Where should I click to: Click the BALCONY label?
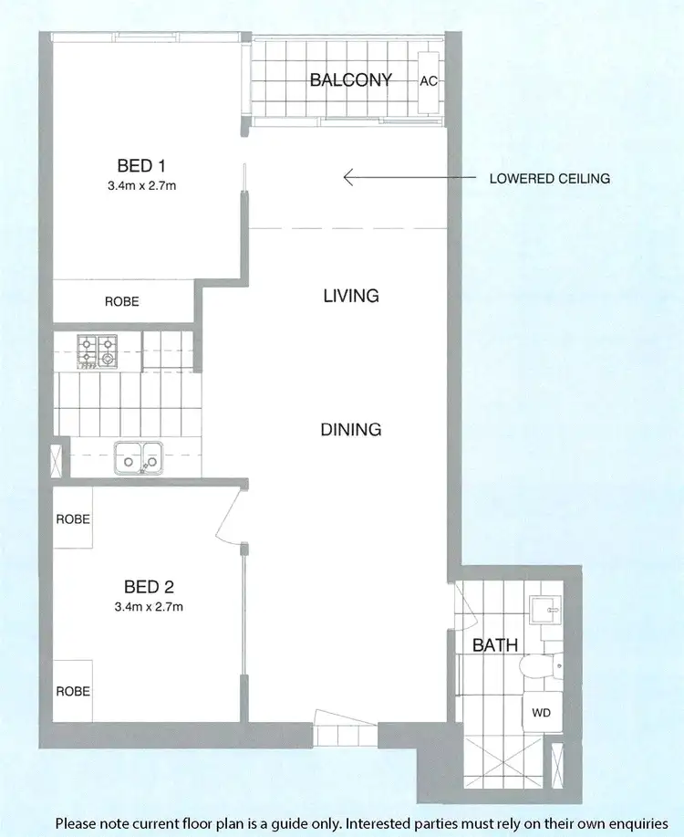pos(351,80)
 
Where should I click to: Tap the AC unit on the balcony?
pos(429,80)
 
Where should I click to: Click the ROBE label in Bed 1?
pos(121,301)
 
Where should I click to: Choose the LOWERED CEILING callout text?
pos(549,179)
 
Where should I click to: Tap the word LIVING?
pos(351,296)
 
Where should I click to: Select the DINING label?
pos(351,429)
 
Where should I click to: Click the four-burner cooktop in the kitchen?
pos(97,351)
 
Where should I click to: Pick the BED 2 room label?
pos(150,586)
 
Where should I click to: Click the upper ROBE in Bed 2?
pos(73,518)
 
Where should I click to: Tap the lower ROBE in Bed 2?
pos(73,691)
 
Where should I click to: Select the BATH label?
pos(494,645)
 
